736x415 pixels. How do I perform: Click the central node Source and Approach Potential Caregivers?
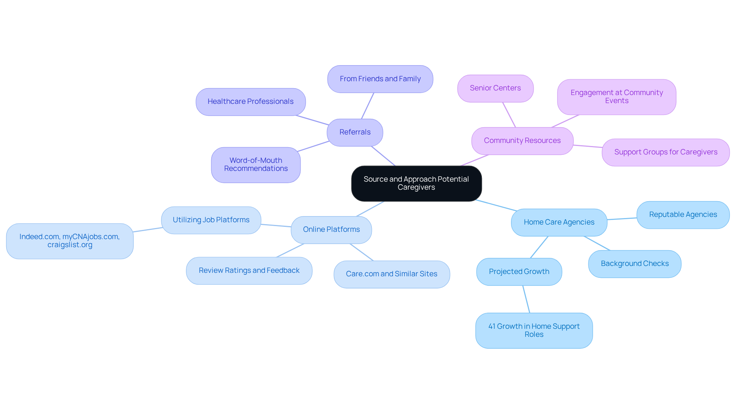pyautogui.click(x=416, y=184)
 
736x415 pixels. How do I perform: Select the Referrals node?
pyautogui.click(x=355, y=132)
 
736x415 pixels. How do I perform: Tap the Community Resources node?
pyautogui.click(x=522, y=141)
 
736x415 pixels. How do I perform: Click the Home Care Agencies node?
pyautogui.click(x=559, y=222)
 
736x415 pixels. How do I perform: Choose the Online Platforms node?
pyautogui.click(x=331, y=230)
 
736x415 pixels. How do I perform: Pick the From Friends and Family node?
pyautogui.click(x=380, y=79)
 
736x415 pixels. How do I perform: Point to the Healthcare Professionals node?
pyautogui.click(x=250, y=102)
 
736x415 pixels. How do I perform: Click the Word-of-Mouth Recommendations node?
pyautogui.click(x=256, y=165)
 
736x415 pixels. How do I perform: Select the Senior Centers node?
pyautogui.click(x=495, y=88)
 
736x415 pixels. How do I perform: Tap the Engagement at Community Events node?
pyautogui.click(x=616, y=97)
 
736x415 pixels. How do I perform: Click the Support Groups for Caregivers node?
pyautogui.click(x=665, y=152)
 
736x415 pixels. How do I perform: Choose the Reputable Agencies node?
pyautogui.click(x=683, y=215)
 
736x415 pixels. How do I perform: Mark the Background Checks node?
pyautogui.click(x=634, y=264)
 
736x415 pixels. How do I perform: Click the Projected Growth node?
pyautogui.click(x=519, y=272)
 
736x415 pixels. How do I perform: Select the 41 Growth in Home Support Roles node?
pyautogui.click(x=534, y=330)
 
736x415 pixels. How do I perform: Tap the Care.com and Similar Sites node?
pyautogui.click(x=391, y=274)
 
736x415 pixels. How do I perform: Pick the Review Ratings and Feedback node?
pyautogui.click(x=249, y=271)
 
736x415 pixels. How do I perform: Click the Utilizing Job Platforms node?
pyautogui.click(x=211, y=220)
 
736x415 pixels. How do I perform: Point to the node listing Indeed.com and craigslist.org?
pyautogui.click(x=70, y=241)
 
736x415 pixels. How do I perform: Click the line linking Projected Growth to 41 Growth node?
pyautogui.click(x=526, y=299)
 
